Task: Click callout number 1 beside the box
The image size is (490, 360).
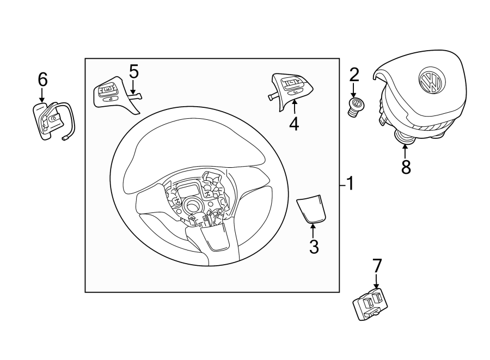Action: pyautogui.click(x=350, y=184)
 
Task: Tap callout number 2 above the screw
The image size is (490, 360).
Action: pyautogui.click(x=354, y=74)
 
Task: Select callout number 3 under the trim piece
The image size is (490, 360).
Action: pyautogui.click(x=314, y=246)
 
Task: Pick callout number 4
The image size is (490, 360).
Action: pyautogui.click(x=294, y=124)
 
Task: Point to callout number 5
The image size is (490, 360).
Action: pyautogui.click(x=133, y=71)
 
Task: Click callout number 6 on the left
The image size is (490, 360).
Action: pyautogui.click(x=42, y=80)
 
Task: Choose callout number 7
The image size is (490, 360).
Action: pyautogui.click(x=377, y=266)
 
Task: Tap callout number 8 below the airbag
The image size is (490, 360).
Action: pyautogui.click(x=406, y=167)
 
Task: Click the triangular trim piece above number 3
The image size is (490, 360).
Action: pyautogui.click(x=311, y=209)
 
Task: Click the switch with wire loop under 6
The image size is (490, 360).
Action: pyautogui.click(x=51, y=120)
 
